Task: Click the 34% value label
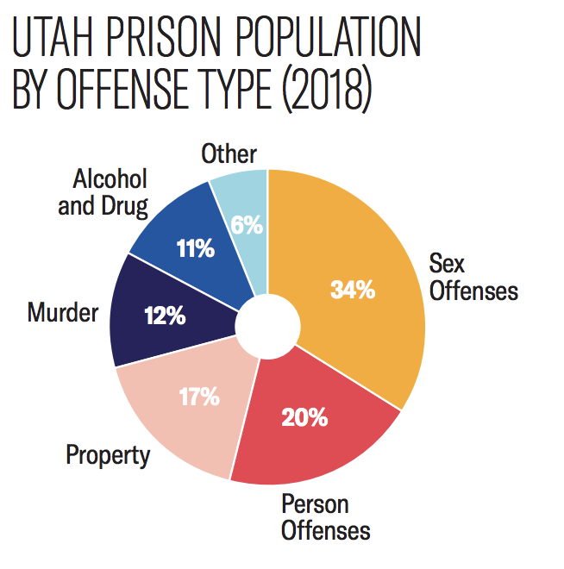click(353, 290)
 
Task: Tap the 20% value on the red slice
click(304, 418)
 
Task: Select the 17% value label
click(198, 398)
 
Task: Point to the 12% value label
click(166, 316)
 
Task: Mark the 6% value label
click(247, 226)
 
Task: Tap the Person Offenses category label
click(325, 516)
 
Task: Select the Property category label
click(109, 454)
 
